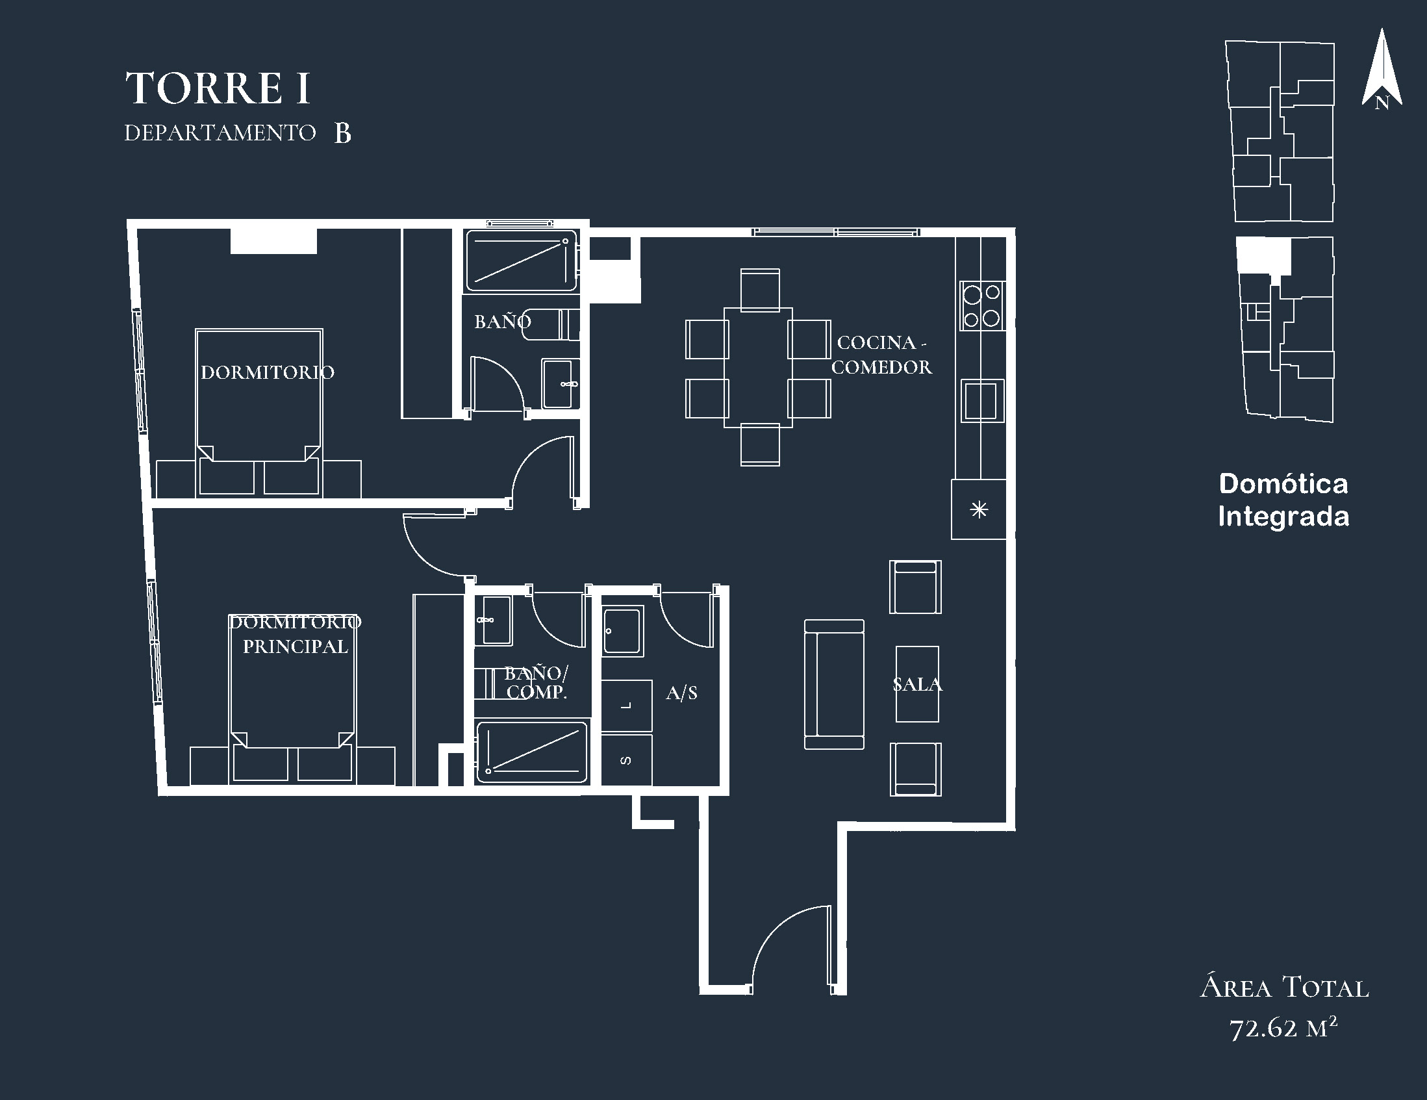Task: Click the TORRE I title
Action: click(x=218, y=88)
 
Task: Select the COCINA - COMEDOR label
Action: click(x=881, y=355)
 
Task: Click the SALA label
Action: click(x=917, y=684)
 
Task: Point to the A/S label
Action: click(x=681, y=693)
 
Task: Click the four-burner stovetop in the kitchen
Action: click(x=982, y=305)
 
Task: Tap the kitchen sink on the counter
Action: click(x=981, y=401)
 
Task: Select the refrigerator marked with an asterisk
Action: click(x=978, y=509)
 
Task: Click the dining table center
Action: click(x=758, y=367)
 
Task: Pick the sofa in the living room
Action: click(x=834, y=684)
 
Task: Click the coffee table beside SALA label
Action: click(x=916, y=684)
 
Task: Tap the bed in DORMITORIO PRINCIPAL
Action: click(x=293, y=698)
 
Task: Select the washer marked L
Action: click(x=627, y=705)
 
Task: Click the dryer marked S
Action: click(x=627, y=760)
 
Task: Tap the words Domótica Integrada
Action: click(x=1283, y=501)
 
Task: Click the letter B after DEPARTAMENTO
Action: click(x=342, y=133)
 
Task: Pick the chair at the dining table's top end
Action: click(x=760, y=289)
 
